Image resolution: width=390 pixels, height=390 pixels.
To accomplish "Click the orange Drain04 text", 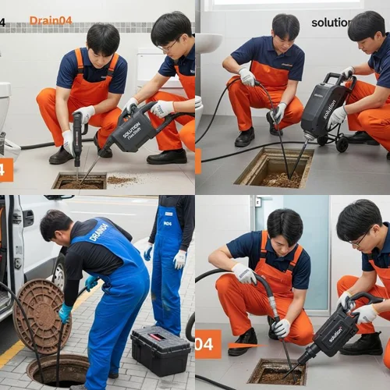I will pyautogui.click(x=50, y=20).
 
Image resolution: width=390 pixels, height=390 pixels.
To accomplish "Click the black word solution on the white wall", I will pyautogui.click(x=331, y=23).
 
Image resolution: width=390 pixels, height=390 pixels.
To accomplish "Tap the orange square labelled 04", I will pyautogui.click(x=207, y=343).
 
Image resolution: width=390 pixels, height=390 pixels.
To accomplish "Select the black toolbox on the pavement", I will pyautogui.click(x=160, y=350).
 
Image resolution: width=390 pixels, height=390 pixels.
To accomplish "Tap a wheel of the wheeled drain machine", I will pyautogui.click(x=342, y=144).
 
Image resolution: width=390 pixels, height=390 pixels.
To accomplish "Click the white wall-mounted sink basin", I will pyautogui.click(x=207, y=43).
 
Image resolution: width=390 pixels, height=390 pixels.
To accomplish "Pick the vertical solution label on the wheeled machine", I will pyautogui.click(x=330, y=108).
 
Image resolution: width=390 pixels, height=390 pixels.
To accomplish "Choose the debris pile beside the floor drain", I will pyautogui.click(x=121, y=180).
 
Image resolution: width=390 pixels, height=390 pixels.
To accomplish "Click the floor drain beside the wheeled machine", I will pyautogui.click(x=273, y=169).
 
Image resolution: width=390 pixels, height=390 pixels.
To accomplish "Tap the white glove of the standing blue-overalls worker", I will pyautogui.click(x=179, y=259).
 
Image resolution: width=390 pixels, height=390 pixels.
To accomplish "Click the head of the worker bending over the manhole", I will pyautogui.click(x=56, y=227).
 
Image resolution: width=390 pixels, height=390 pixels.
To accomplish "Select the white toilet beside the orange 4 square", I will pyautogui.click(x=6, y=117).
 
